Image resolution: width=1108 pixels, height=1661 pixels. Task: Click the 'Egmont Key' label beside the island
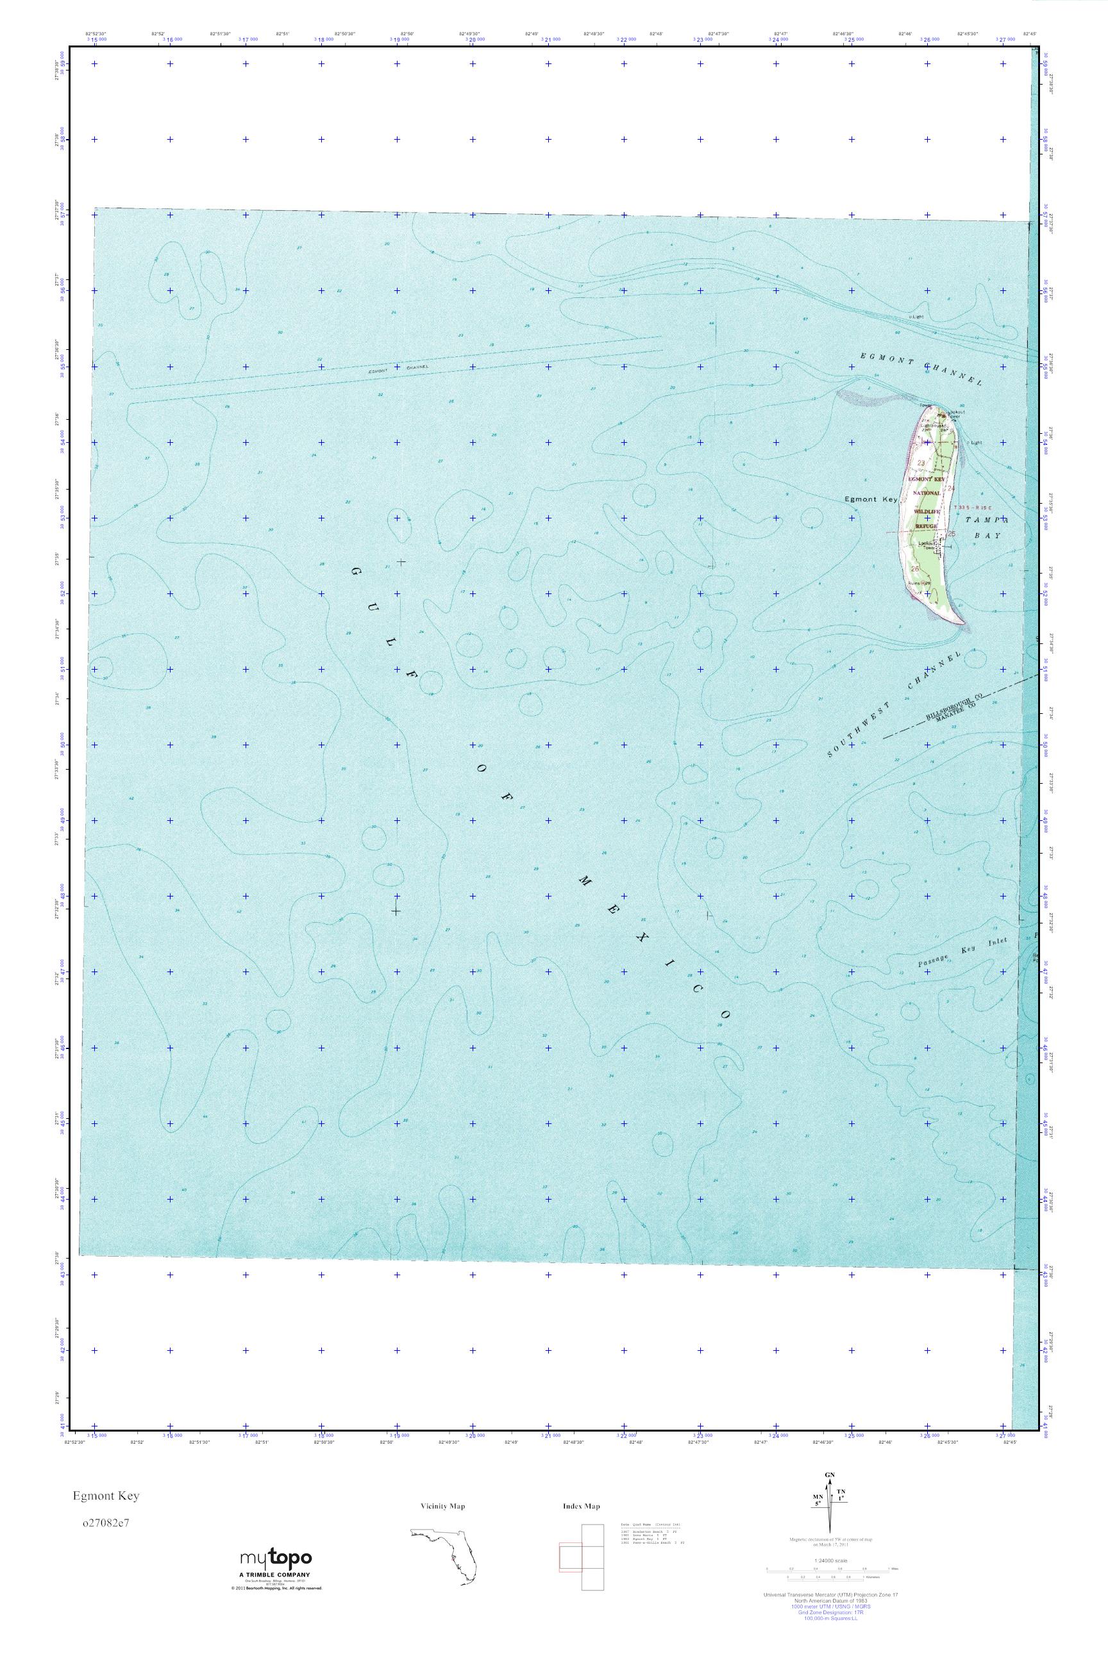871,499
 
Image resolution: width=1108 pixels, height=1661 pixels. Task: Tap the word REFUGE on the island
926,527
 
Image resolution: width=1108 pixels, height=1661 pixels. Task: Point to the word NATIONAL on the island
927,492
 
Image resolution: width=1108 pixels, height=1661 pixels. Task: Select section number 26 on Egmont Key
916,569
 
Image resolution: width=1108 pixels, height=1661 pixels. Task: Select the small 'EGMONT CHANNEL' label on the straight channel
399,368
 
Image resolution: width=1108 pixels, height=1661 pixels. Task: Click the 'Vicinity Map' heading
442,1507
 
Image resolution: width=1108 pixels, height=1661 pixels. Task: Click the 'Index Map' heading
582,1507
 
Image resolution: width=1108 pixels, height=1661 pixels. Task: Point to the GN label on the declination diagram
830,1476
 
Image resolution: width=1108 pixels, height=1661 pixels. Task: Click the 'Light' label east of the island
977,443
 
